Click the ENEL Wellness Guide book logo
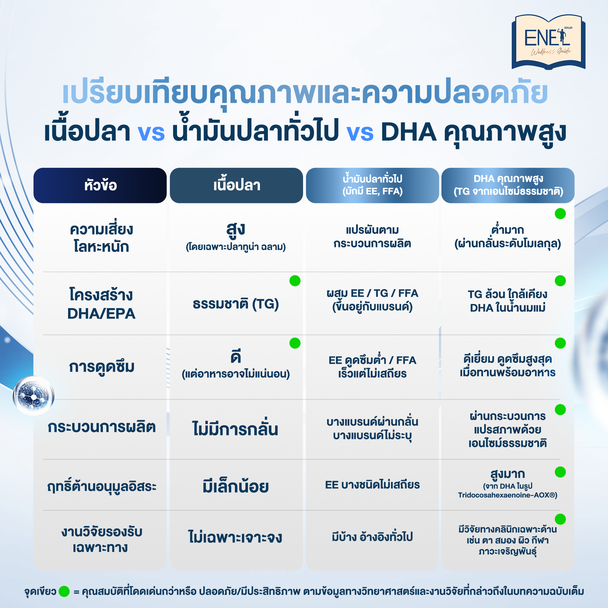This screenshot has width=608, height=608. pos(548,42)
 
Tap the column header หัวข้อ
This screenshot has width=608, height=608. pos(100,185)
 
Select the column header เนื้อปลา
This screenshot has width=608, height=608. pos(236,185)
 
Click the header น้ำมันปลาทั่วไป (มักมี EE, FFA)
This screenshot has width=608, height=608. pos(372,185)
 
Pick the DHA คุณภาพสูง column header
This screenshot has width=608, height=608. pos(508,185)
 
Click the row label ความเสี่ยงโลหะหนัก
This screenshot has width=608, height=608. pos(101,237)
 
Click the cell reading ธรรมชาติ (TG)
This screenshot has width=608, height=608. pos(236,304)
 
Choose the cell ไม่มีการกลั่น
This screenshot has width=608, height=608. pos(235,428)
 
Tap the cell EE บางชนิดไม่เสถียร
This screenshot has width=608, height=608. pos(372,485)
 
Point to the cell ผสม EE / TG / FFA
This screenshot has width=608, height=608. pos(372,293)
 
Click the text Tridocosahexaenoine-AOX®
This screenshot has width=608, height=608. pos(508,495)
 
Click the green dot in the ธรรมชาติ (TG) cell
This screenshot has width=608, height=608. pos(295,281)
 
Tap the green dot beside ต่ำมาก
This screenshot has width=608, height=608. pos(560,213)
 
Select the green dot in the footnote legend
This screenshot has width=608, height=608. pos(64,591)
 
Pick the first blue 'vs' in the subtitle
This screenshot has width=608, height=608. pos(151,132)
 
